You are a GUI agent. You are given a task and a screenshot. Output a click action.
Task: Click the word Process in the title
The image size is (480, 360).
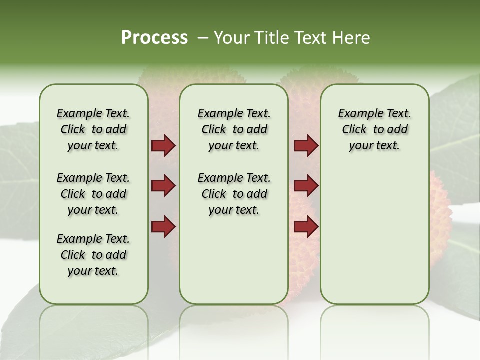click(x=154, y=37)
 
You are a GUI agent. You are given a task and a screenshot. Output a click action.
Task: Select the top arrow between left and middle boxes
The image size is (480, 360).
click(x=163, y=146)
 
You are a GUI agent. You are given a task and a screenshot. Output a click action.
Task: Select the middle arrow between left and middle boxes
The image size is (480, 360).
click(x=163, y=186)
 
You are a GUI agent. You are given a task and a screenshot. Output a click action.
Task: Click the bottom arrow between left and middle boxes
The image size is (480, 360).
click(x=163, y=226)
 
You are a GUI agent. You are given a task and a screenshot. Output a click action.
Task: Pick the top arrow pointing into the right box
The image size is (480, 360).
click(x=306, y=146)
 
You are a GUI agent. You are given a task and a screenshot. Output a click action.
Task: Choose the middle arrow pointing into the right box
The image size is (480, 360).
click(x=306, y=186)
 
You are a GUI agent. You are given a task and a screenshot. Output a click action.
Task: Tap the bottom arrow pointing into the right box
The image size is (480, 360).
click(x=306, y=226)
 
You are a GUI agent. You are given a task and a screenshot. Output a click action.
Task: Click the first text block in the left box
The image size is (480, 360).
click(x=93, y=129)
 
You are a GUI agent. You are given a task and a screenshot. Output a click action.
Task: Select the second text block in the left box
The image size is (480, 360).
click(x=93, y=194)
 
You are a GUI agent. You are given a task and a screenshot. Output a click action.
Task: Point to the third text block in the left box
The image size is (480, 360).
click(x=93, y=255)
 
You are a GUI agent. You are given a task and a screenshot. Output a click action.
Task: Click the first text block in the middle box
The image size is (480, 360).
click(x=234, y=129)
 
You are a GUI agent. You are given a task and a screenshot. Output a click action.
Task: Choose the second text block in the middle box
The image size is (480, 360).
click(x=234, y=194)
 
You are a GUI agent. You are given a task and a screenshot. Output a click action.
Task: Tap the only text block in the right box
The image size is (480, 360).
click(x=374, y=129)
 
